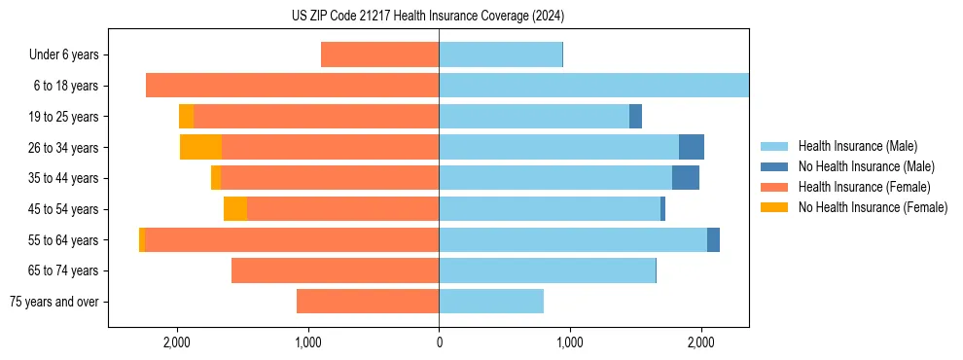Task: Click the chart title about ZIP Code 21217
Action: [428, 16]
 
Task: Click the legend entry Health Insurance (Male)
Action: [857, 146]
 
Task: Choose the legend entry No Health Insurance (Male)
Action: [866, 166]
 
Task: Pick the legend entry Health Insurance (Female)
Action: [865, 187]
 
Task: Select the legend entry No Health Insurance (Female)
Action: [873, 207]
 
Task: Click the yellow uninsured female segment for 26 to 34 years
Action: [200, 147]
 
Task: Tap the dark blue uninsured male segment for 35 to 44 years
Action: [686, 178]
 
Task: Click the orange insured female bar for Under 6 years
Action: [379, 55]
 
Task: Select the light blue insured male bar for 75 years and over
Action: [491, 302]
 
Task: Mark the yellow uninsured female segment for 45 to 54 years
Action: [235, 209]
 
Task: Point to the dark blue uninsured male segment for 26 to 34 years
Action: [692, 147]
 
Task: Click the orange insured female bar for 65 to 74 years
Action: [335, 270]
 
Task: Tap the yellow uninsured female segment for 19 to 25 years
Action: [186, 117]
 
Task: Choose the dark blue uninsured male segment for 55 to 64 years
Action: [713, 239]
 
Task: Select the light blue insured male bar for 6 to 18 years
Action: [593, 86]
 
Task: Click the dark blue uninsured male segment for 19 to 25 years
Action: [635, 117]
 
